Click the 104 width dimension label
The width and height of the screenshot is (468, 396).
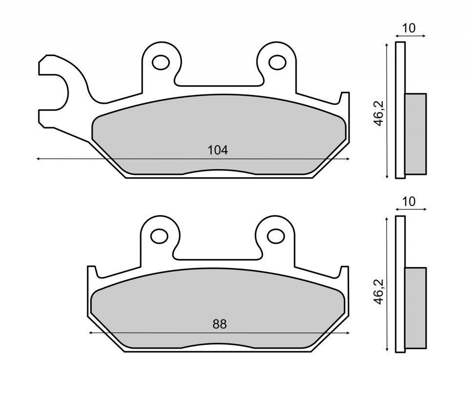point(218,150)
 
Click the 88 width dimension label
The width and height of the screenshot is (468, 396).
point(219,324)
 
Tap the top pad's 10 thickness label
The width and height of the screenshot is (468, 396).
point(409,28)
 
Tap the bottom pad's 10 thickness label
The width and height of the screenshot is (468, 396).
point(409,202)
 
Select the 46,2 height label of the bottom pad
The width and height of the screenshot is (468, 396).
point(379,291)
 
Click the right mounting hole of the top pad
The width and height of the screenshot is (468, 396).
point(276,62)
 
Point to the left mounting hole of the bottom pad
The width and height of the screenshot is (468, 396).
point(159,236)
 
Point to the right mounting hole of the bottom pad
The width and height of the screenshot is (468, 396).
point(276,236)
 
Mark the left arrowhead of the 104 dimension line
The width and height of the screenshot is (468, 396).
point(39,159)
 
